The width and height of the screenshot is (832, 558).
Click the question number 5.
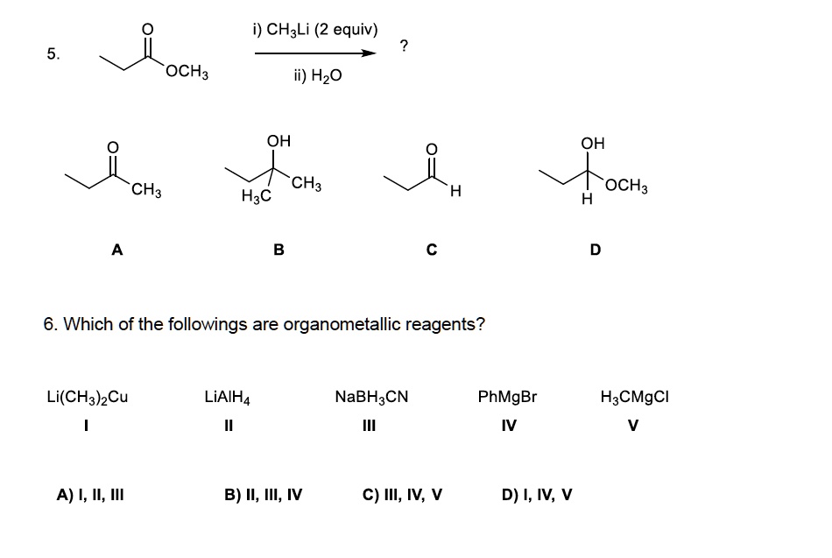(54, 53)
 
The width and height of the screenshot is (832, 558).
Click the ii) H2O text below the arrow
(317, 76)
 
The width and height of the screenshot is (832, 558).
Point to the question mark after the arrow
(402, 46)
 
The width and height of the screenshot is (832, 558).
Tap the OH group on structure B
(279, 140)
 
